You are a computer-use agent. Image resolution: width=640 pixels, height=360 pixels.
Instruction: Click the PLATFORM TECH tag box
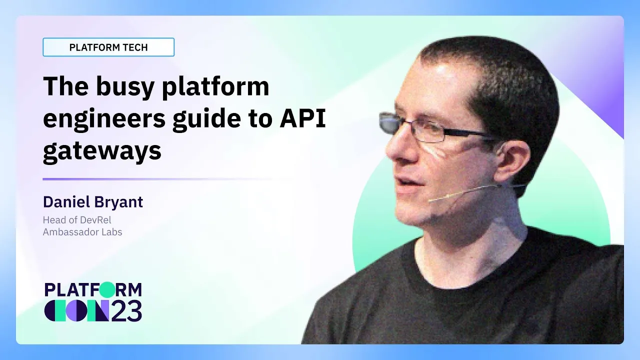108,47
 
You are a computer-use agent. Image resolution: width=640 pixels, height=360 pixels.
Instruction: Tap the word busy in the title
125,87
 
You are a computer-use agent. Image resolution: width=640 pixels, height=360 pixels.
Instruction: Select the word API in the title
302,117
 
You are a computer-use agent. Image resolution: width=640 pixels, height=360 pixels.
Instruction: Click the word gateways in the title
102,151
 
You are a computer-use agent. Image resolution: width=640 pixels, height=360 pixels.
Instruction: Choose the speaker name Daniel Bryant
93,202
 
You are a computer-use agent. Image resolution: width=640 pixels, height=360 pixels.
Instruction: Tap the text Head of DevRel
77,220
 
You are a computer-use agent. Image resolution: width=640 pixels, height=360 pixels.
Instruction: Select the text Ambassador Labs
82,232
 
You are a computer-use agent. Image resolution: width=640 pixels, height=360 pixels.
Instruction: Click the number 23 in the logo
126,311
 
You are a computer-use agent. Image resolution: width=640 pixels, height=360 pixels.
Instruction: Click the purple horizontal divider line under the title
167,179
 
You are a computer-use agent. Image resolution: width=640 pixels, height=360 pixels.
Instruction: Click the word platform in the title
215,87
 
